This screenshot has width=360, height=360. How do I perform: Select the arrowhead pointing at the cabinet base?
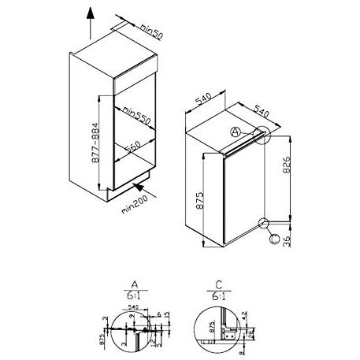139,186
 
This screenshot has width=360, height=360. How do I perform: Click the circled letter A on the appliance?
238,132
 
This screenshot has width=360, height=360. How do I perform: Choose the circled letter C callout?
274,237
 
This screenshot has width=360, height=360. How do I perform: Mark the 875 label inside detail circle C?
210,327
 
